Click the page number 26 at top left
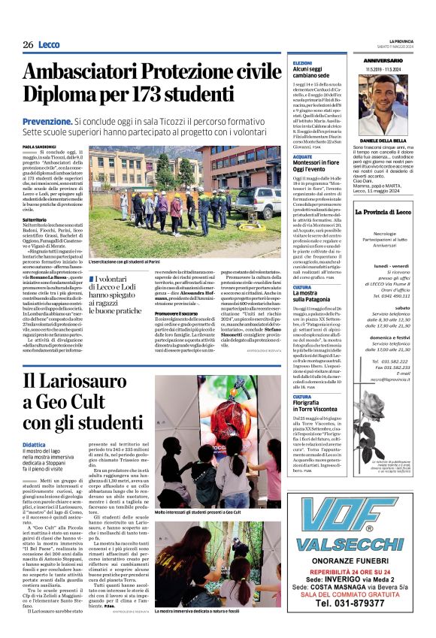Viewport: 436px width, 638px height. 28,45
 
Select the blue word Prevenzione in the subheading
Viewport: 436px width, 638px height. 47,120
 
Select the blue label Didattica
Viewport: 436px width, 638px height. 34,445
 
